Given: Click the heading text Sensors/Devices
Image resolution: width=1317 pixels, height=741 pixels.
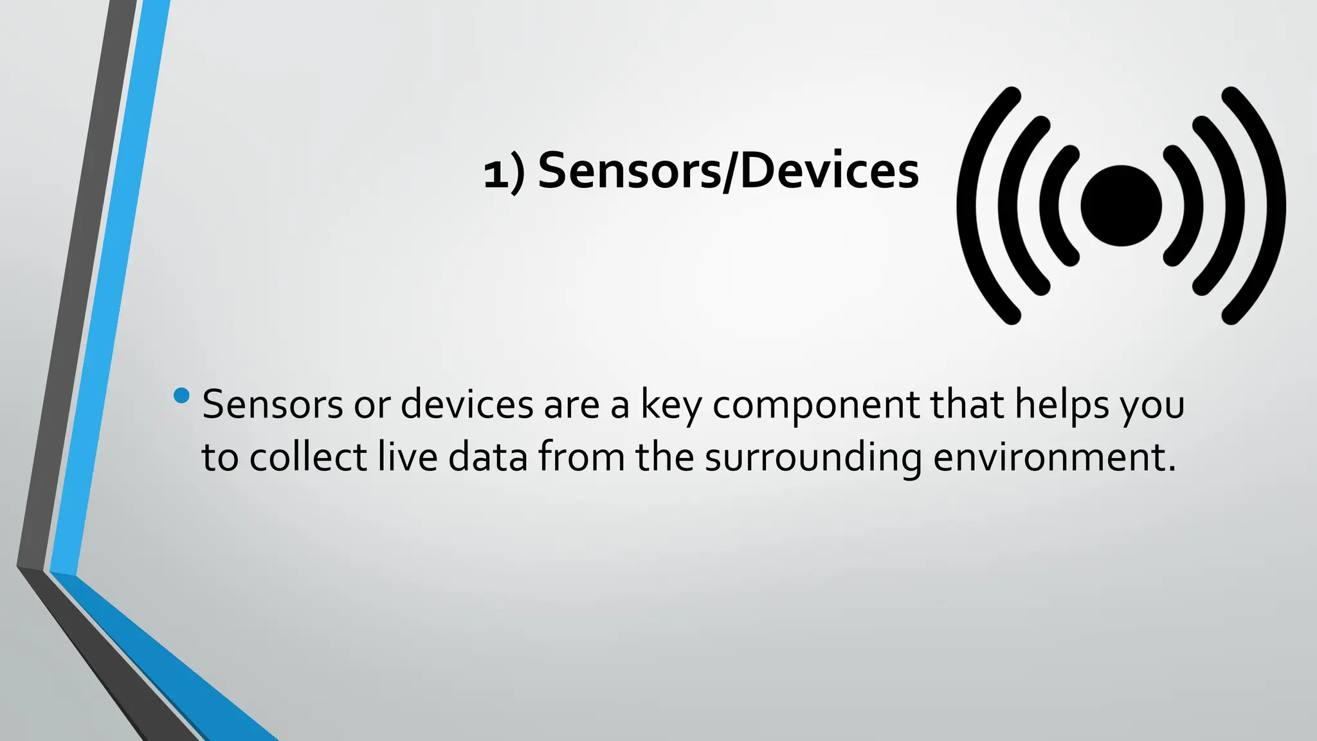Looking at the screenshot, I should click(x=728, y=171).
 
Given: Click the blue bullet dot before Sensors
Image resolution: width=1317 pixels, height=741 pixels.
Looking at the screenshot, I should click(x=182, y=396).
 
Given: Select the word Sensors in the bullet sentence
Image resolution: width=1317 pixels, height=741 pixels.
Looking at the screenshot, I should click(x=273, y=405).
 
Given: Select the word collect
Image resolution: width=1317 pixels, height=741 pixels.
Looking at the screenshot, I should click(x=308, y=457).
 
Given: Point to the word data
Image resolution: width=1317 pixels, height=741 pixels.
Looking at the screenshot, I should click(x=488, y=457).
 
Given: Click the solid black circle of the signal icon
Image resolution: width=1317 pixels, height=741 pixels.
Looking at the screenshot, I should click(x=1121, y=206).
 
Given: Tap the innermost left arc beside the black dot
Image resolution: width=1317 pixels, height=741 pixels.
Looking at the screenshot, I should click(x=1049, y=206).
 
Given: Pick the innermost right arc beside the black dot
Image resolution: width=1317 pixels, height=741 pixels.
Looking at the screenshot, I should click(x=1193, y=206).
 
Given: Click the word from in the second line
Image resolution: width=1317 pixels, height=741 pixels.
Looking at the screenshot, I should click(x=581, y=457).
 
